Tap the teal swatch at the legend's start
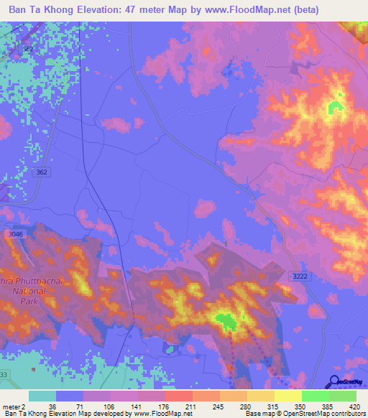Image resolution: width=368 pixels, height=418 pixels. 42,396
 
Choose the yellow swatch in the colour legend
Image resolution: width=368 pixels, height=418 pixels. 287,396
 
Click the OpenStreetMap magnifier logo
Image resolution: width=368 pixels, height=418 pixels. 333,383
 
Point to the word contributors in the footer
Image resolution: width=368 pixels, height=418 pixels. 346,414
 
